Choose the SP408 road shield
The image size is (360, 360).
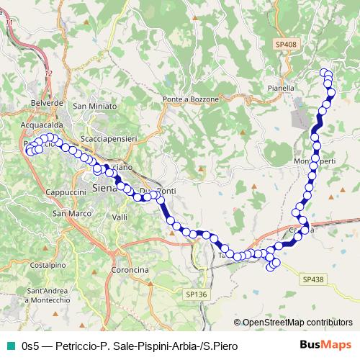pyautogui.click(x=285, y=45)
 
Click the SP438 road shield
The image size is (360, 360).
pyautogui.click(x=313, y=279)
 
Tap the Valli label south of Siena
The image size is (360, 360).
pyautogui.click(x=120, y=217)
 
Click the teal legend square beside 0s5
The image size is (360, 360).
pyautogui.click(x=10, y=346)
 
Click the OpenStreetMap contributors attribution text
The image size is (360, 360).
pyautogui.click(x=292, y=323)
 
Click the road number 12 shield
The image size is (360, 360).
pyautogui.click(x=48, y=73)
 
